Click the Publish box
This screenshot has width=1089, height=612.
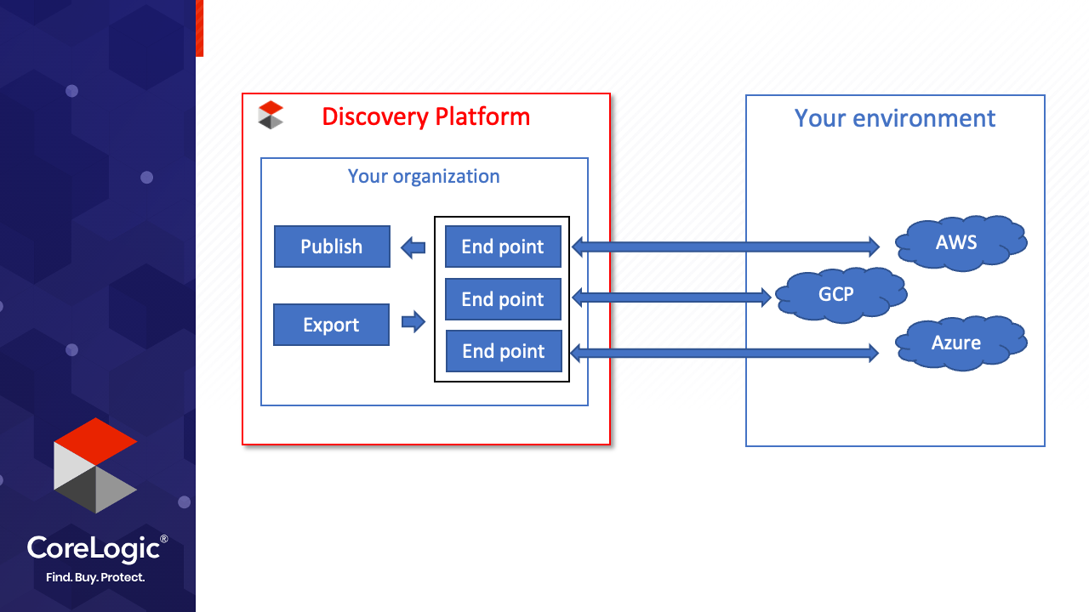(332, 246)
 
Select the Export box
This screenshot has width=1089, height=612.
(331, 325)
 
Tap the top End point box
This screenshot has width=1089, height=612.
(503, 246)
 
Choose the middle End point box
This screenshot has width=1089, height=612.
(503, 299)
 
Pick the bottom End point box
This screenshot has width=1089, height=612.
(505, 351)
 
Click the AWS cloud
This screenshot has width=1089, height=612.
(961, 243)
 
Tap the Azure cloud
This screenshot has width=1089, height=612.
(961, 343)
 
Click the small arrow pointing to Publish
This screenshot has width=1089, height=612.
(413, 247)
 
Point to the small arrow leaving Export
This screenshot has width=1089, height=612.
(413, 321)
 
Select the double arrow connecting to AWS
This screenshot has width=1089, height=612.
(726, 246)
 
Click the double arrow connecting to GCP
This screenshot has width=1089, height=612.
(671, 297)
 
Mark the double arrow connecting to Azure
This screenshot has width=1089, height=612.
(724, 353)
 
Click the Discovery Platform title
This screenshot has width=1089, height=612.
(426, 117)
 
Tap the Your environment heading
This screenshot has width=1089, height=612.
(895, 118)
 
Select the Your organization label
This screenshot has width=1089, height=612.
(424, 176)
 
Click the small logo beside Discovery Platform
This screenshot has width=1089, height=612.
(271, 115)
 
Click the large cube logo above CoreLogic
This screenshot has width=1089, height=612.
(95, 465)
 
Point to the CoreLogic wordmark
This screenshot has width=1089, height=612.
(97, 549)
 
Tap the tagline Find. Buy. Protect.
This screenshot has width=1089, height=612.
(95, 577)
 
